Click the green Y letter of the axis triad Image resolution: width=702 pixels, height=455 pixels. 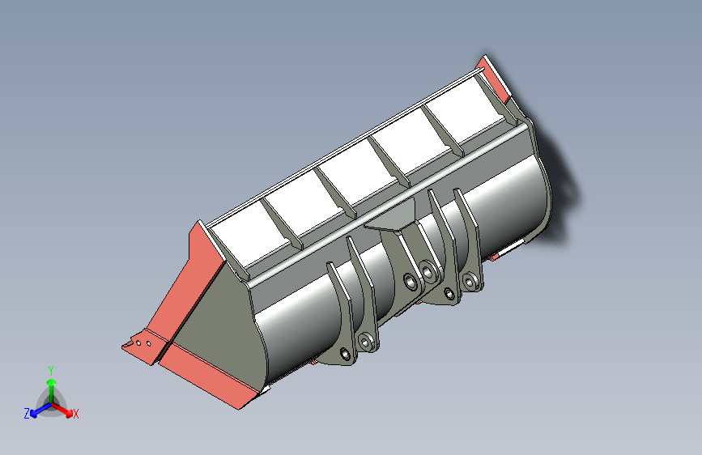(51, 371)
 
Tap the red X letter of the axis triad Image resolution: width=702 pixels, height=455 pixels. (75, 414)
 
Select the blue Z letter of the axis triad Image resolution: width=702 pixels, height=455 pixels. (27, 414)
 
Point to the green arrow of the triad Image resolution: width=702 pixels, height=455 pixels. (52, 391)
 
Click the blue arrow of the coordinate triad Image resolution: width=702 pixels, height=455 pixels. (40, 410)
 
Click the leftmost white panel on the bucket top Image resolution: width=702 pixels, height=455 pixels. (251, 236)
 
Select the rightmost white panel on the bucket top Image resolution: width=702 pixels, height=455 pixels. (466, 114)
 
